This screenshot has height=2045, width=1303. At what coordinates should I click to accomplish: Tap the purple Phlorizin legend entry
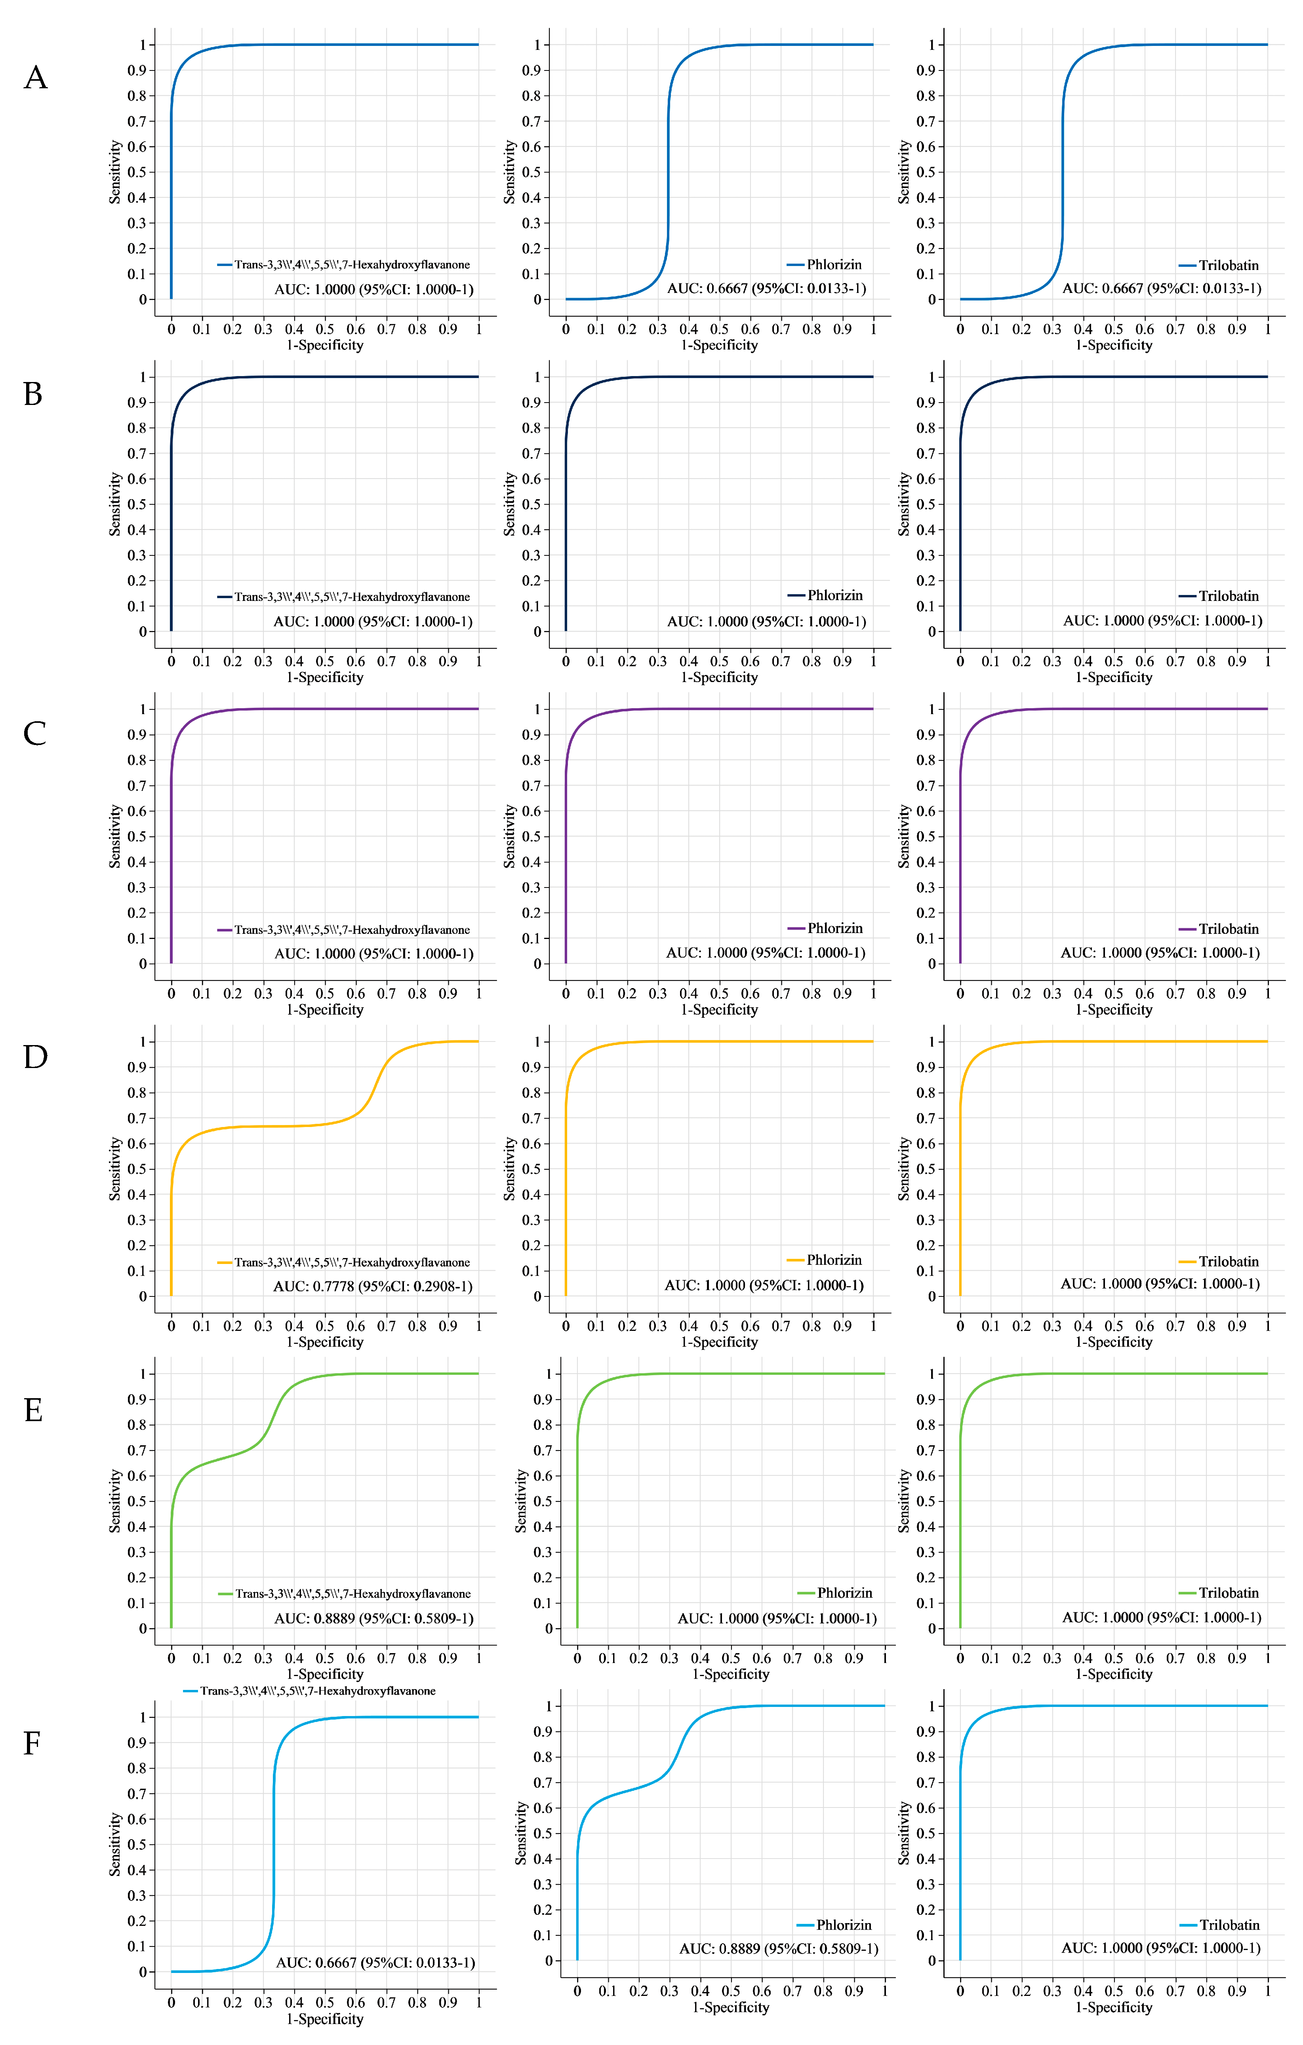826,928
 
